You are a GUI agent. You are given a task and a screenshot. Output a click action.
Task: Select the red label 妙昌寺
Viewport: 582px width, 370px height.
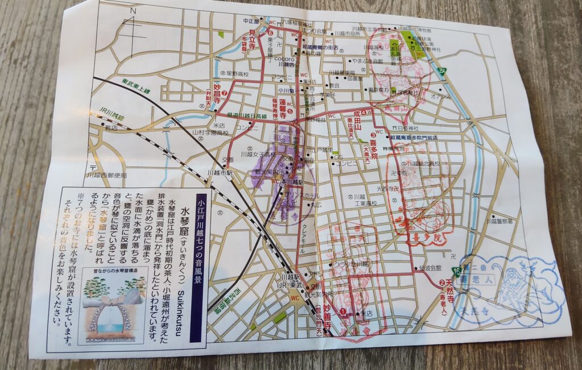[x=217, y=92]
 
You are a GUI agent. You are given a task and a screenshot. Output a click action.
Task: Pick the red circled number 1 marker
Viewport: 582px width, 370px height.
[x=342, y=310]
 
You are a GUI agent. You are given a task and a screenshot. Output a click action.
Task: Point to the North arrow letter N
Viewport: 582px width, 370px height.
[x=133, y=11]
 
